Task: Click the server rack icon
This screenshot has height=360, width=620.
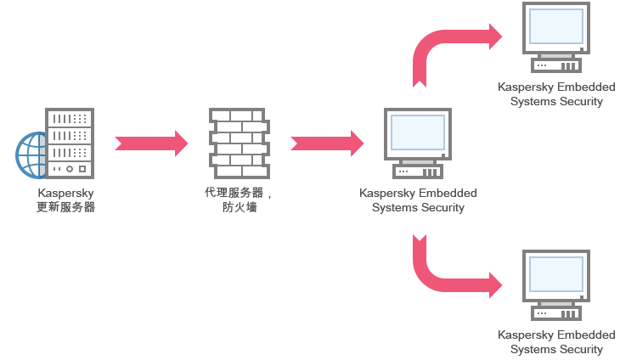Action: click(70, 143)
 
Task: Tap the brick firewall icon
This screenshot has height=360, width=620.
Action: click(239, 143)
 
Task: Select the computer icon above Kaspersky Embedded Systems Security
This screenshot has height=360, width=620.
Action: click(417, 143)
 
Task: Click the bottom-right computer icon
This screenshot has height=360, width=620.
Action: click(556, 285)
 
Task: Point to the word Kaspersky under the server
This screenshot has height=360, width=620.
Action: click(66, 194)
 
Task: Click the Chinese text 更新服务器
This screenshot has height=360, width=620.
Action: click(66, 207)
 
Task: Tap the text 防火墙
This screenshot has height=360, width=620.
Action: click(240, 207)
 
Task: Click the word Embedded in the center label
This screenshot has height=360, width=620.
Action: click(448, 194)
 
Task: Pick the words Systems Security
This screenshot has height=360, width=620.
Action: click(418, 208)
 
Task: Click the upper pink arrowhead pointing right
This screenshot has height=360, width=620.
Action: click(497, 37)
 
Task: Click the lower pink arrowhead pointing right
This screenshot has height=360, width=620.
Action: click(497, 284)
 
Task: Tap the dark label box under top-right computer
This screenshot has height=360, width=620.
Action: click(558, 95)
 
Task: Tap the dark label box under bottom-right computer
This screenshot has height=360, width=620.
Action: click(558, 343)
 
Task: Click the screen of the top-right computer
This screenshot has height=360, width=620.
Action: click(556, 26)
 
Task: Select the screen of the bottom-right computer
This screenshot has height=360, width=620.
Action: click(556, 274)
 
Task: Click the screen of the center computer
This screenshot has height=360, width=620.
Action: click(417, 132)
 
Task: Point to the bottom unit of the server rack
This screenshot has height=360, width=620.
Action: click(70, 169)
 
